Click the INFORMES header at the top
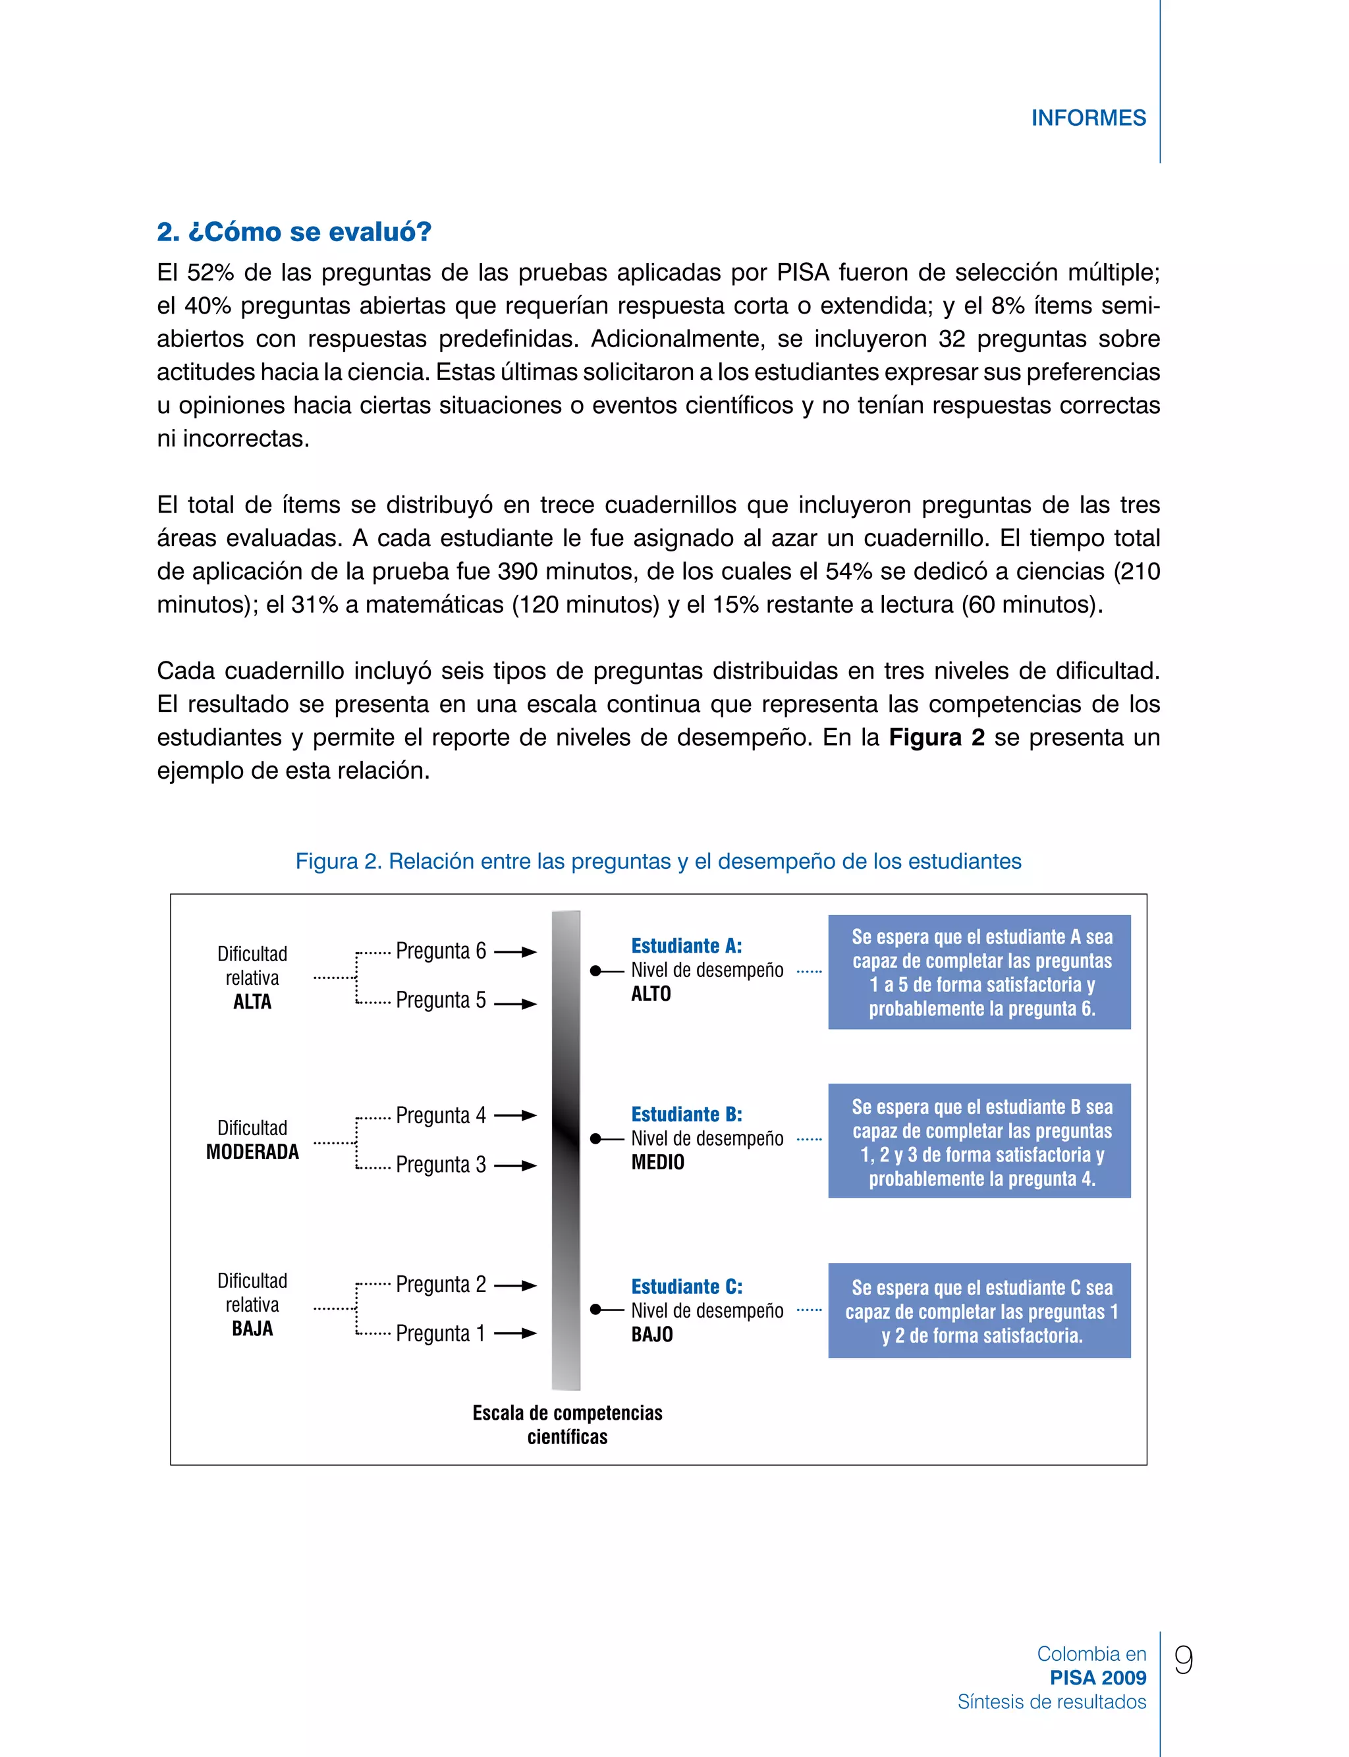pyautogui.click(x=1088, y=118)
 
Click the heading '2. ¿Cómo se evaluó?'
pyautogui.click(x=294, y=232)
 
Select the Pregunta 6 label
pyautogui.click(x=441, y=951)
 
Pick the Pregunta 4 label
pyautogui.click(x=441, y=1115)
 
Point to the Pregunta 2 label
pyautogui.click(x=441, y=1284)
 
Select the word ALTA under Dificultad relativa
pyautogui.click(x=252, y=1002)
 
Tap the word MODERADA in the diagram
pyautogui.click(x=252, y=1152)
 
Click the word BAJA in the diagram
pyautogui.click(x=252, y=1329)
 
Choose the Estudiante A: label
pyautogui.click(x=686, y=946)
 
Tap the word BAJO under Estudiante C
pyautogui.click(x=652, y=1335)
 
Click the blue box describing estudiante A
pyautogui.click(x=979, y=972)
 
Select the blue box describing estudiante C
pyautogui.click(x=979, y=1311)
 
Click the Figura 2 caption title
pyautogui.click(x=659, y=862)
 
